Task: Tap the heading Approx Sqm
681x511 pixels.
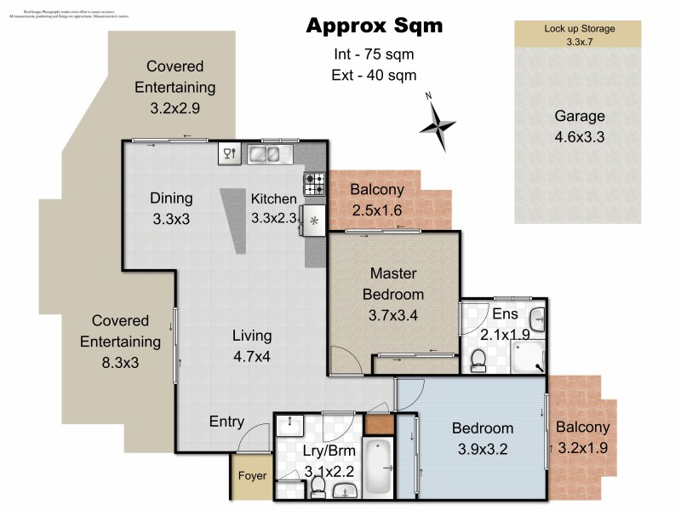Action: (375, 26)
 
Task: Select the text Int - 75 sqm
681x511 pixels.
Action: (375, 55)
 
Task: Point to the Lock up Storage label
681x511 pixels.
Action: (579, 28)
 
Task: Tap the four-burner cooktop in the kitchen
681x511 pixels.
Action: (314, 183)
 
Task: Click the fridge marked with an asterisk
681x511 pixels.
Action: (314, 221)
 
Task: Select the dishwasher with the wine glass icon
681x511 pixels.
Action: (229, 154)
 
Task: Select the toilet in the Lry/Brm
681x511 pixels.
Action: (318, 486)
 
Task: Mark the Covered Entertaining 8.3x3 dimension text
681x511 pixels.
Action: (120, 363)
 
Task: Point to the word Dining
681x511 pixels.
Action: (172, 198)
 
